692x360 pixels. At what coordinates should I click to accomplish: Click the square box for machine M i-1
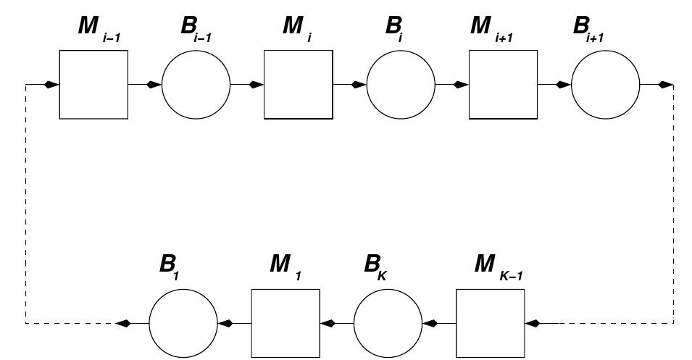pos(93,85)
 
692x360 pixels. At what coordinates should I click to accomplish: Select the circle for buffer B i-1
pos(196,85)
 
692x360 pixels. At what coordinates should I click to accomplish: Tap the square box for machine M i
pos(298,85)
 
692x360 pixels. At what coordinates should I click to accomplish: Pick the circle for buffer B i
pos(401,85)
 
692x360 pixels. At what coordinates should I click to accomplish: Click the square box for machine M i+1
pos(503,85)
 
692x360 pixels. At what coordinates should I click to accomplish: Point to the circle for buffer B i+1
pos(605,85)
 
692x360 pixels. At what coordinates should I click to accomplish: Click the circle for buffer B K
pos(388,323)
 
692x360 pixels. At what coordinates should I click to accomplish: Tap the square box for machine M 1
pos(285,323)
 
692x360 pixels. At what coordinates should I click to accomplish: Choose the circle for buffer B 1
pos(183,323)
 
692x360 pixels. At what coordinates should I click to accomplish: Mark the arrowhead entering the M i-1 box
pos(51,85)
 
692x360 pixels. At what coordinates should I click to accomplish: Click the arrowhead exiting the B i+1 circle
pos(665,85)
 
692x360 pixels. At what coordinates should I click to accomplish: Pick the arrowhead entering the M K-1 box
pos(534,323)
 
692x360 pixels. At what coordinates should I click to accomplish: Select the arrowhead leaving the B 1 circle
pos(124,323)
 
